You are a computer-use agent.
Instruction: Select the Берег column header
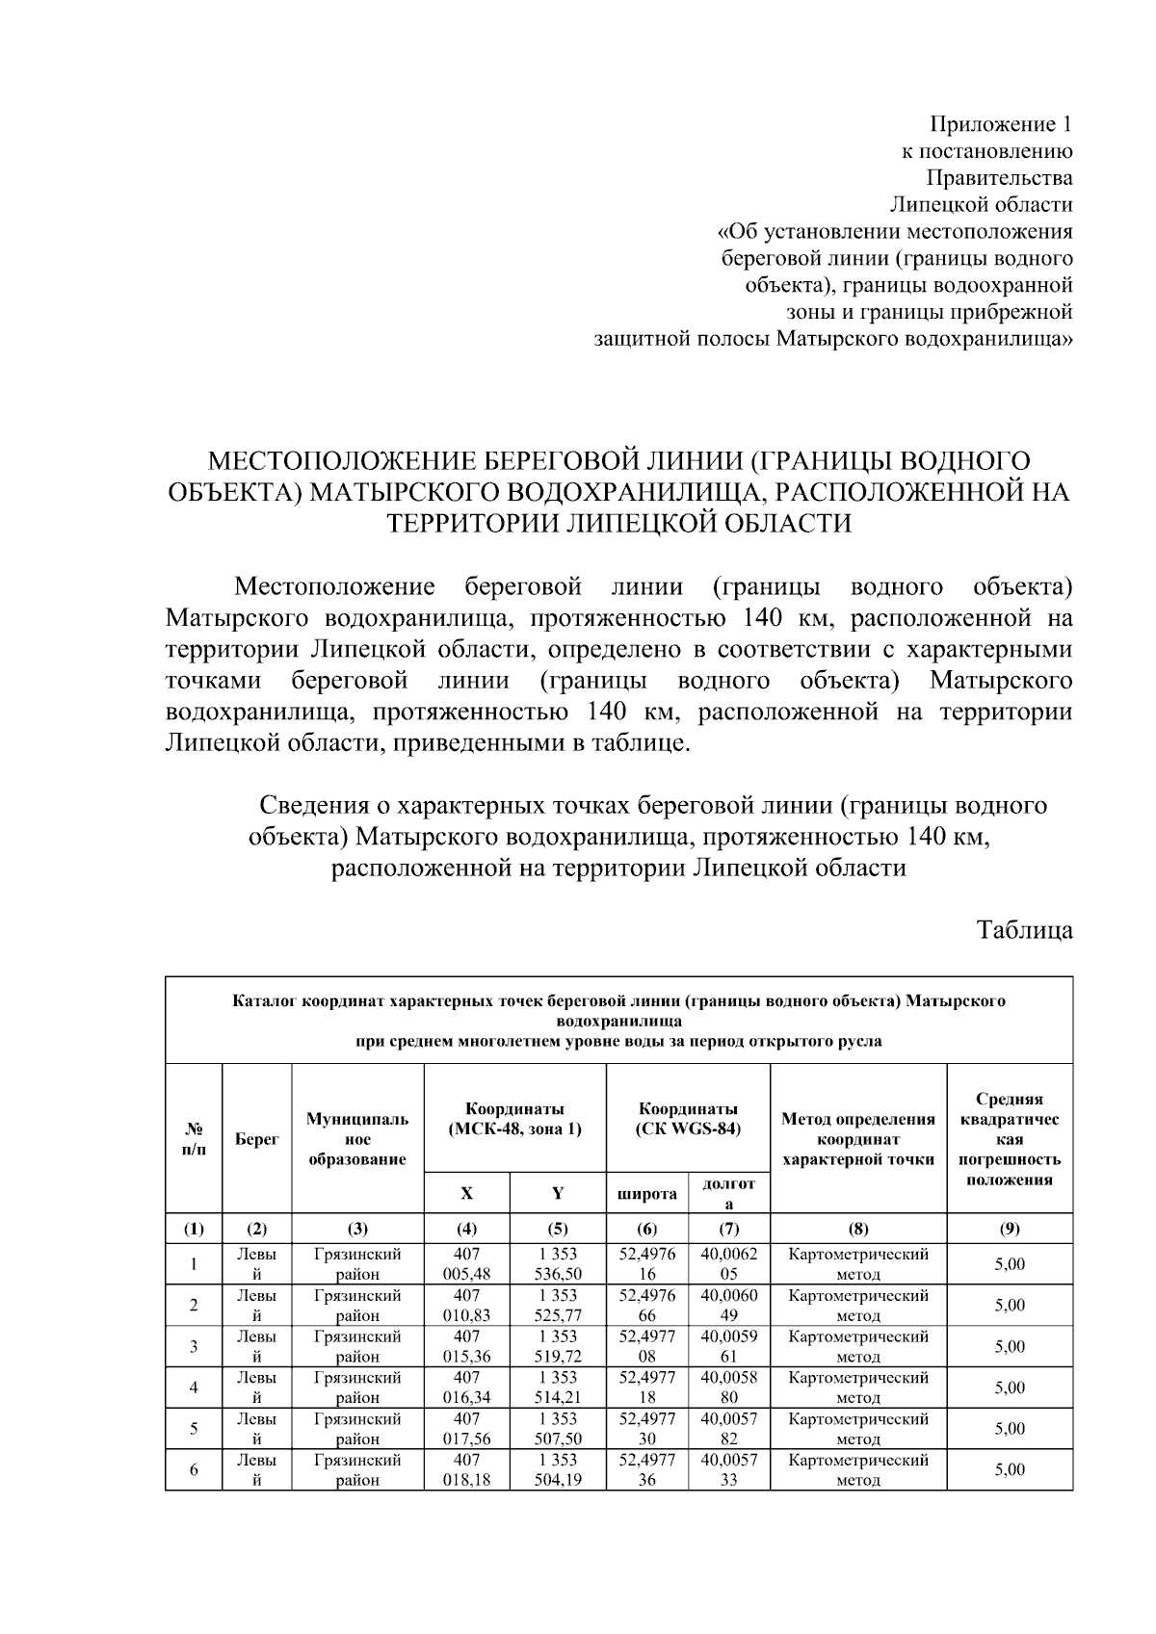(256, 1138)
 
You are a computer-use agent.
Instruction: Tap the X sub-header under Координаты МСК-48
(466, 1193)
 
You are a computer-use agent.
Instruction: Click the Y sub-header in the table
(558, 1193)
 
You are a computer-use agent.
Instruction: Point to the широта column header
(646, 1194)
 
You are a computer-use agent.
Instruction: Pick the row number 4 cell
(194, 1388)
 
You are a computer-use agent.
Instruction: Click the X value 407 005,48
(466, 1264)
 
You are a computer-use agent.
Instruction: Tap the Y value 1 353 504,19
(558, 1469)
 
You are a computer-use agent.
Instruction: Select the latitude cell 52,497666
(646, 1305)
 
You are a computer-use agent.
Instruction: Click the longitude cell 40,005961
(728, 1346)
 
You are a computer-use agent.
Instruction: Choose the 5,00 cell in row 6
(1009, 1469)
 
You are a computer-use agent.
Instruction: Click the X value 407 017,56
(466, 1428)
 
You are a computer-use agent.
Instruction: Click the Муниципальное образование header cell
(356, 1138)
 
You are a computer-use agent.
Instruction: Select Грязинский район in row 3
(356, 1346)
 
